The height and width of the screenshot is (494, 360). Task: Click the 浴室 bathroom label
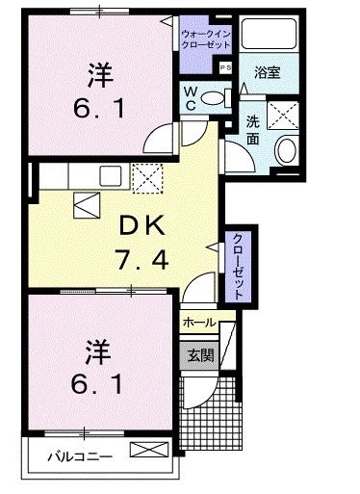[267, 73]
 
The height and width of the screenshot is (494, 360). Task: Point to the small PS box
[227, 67]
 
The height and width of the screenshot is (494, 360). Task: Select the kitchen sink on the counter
[109, 174]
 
